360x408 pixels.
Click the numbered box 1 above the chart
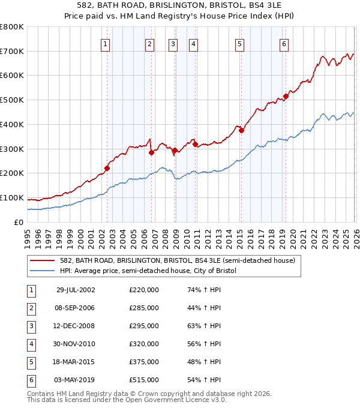pos(106,43)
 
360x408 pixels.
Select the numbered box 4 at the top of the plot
pos(194,43)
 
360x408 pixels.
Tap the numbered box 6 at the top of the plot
pos(283,43)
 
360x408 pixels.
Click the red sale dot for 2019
pos(286,96)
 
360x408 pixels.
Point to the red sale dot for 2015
pos(241,130)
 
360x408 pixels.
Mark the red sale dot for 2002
pos(107,168)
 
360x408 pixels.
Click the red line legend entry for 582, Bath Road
pos(177,261)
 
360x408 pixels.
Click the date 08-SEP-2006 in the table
pos(75,308)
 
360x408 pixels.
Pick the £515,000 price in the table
pos(144,380)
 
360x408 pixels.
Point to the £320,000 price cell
pos(144,344)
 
